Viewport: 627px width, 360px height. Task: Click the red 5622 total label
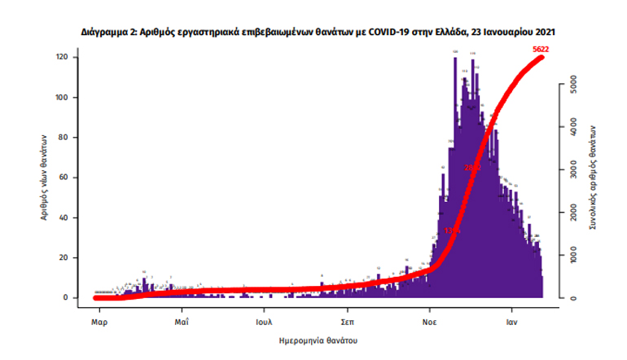pyautogui.click(x=539, y=50)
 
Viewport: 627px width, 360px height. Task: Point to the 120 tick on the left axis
pyautogui.click(x=61, y=58)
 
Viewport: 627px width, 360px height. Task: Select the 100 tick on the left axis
pyautogui.click(x=61, y=98)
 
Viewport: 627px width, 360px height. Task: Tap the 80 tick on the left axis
pyautogui.click(x=63, y=138)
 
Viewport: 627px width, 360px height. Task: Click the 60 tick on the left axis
pyautogui.click(x=63, y=178)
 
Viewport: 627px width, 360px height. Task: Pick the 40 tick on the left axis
pyautogui.click(x=63, y=217)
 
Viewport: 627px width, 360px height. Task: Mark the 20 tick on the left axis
pyautogui.click(x=63, y=257)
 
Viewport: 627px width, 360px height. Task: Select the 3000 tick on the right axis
pyautogui.click(x=573, y=170)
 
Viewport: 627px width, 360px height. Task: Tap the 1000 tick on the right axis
pyautogui.click(x=573, y=255)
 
